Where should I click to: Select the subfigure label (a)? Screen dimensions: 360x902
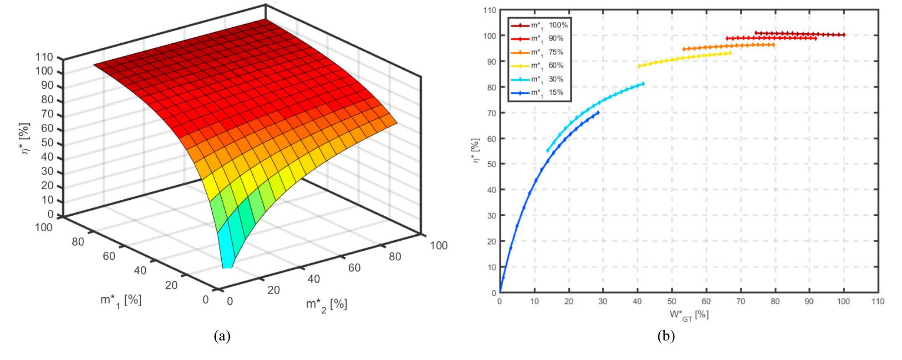222,336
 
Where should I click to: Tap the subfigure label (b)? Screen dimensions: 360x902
666,336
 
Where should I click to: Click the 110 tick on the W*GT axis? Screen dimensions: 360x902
878,301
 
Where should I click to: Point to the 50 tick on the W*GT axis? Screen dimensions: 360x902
672,301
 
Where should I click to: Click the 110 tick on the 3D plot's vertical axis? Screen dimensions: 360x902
47,57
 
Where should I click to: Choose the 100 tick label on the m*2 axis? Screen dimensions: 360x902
438,246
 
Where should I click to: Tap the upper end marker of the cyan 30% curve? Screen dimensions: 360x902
643,84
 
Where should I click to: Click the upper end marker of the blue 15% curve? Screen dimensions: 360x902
598,112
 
